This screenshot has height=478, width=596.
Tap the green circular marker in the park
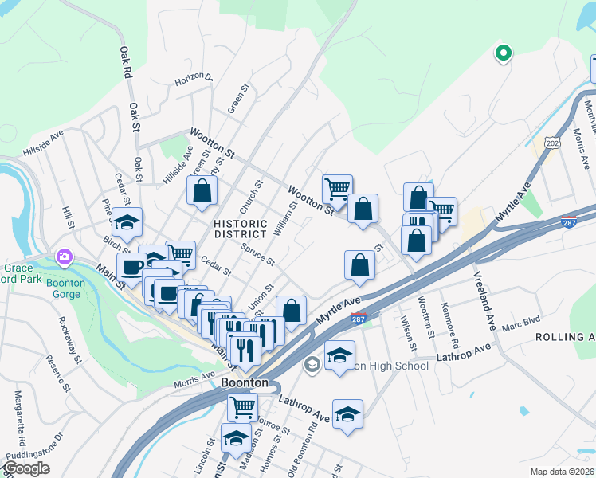[x=503, y=53]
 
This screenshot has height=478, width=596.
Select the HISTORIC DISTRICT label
[x=240, y=229]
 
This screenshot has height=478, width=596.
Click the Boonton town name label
[x=244, y=382]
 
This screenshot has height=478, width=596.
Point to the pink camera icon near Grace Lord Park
[x=64, y=257]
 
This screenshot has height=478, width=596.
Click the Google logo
[x=26, y=468]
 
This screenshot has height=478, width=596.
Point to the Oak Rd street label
[x=125, y=62]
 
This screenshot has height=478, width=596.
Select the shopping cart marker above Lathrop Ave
[x=242, y=407]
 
